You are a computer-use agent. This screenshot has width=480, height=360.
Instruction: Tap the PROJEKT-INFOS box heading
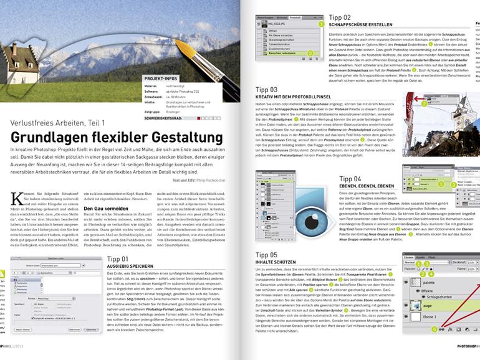164,80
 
